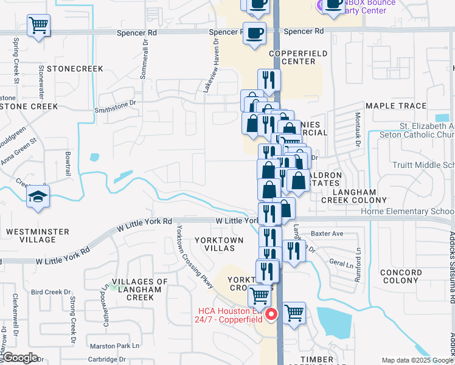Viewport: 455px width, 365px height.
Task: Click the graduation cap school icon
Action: click(x=38, y=196)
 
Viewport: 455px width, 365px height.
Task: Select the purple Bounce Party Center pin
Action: click(x=321, y=6)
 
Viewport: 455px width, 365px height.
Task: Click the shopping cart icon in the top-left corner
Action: click(x=38, y=26)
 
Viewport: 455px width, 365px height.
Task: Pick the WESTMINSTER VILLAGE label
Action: click(x=38, y=235)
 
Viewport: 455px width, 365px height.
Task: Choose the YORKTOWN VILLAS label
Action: click(x=218, y=244)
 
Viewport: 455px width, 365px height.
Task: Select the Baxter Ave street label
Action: click(x=327, y=233)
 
